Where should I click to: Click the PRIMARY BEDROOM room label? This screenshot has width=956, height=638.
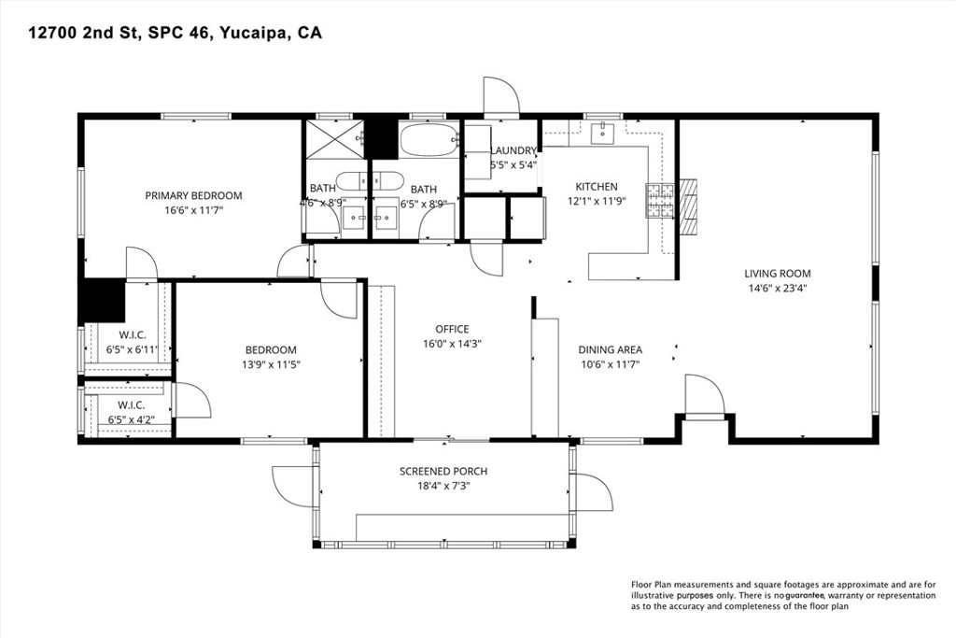[x=193, y=195]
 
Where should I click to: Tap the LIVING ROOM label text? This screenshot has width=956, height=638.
[x=777, y=274]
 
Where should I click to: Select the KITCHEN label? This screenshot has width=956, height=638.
[x=596, y=187]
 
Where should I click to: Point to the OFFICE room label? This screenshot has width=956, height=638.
[x=452, y=329]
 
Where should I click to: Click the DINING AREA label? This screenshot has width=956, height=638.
[x=610, y=350]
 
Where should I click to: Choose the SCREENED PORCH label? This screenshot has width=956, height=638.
[x=443, y=471]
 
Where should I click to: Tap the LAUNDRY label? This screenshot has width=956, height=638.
[x=513, y=150]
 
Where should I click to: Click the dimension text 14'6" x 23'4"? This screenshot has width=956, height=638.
[x=777, y=289]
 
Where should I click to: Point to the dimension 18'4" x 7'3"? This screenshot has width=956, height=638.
[x=443, y=486]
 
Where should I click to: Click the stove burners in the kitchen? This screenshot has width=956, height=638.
[x=661, y=201]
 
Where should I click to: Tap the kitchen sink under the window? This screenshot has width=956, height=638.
[x=604, y=133]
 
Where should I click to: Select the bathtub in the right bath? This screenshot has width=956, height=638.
[x=429, y=141]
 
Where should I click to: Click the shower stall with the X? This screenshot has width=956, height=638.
[x=331, y=141]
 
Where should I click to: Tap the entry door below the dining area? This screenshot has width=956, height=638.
[x=705, y=396]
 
